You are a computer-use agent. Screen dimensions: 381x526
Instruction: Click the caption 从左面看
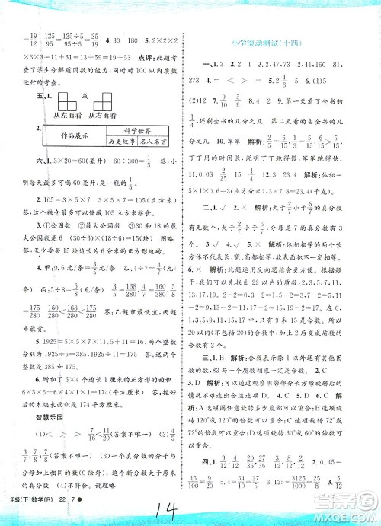pos(58,114)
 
